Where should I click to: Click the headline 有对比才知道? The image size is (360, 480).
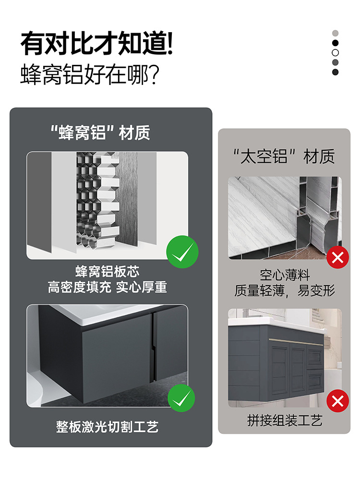point(96,44)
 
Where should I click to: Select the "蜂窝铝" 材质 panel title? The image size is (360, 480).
point(100,132)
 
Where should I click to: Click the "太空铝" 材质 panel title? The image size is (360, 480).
point(284,156)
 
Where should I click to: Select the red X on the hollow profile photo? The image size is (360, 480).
point(337,258)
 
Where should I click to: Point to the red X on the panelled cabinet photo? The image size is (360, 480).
point(337,400)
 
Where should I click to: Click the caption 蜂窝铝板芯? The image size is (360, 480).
point(107,272)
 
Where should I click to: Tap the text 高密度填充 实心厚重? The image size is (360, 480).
point(107,287)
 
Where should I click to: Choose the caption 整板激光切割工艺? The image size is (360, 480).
point(107,427)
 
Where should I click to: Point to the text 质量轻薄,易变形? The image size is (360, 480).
point(285,290)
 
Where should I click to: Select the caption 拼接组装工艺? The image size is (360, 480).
point(285,421)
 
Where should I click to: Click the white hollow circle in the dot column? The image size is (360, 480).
point(336,52)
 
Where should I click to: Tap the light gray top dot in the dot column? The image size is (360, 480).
point(336,33)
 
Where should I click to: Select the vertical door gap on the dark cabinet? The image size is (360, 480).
point(153,346)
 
